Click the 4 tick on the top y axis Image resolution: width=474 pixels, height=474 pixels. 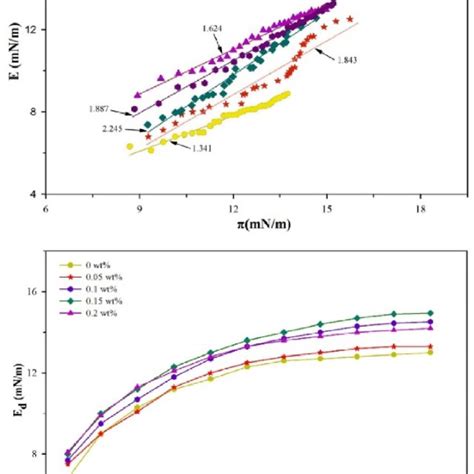(x=34, y=193)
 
